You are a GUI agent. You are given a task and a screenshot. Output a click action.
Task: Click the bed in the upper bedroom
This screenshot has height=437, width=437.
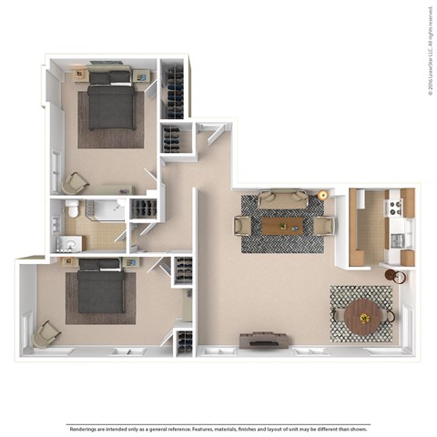tap(111, 105)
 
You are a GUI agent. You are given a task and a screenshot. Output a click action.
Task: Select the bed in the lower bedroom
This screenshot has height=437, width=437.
tap(100, 288)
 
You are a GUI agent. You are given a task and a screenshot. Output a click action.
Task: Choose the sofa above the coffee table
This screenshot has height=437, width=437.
tap(281, 199)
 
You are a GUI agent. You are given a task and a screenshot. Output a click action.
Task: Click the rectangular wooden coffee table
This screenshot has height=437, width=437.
tap(281, 225)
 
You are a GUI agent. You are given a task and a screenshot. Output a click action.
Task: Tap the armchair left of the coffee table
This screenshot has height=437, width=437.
tap(243, 225)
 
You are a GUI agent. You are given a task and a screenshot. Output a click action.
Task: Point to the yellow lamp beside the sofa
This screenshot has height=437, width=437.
tap(322, 196)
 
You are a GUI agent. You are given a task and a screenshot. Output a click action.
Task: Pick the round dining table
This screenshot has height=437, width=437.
tap(364, 317)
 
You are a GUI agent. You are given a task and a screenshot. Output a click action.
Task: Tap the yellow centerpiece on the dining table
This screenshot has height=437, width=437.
tap(365, 317)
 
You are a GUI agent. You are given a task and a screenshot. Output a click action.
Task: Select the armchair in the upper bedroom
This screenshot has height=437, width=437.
tap(75, 182)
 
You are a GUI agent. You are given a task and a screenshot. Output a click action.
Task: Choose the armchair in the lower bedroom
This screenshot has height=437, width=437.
tap(46, 336)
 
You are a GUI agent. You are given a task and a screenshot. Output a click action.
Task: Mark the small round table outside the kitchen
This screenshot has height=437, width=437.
tap(391, 275)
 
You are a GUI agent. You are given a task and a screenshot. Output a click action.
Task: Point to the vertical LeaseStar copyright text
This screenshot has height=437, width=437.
tap(428, 50)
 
